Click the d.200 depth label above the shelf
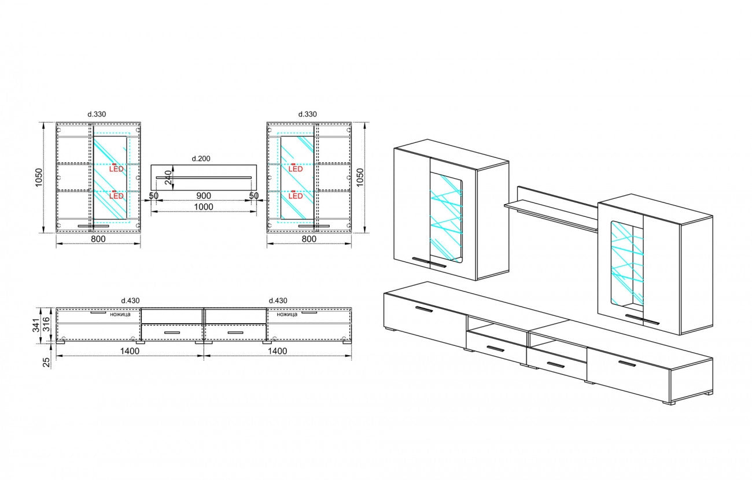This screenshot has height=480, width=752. (x=201, y=158)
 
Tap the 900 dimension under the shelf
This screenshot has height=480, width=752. (x=204, y=195)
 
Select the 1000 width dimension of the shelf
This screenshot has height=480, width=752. (x=204, y=207)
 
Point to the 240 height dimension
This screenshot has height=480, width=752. (x=168, y=177)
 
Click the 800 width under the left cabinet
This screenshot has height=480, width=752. (x=98, y=239)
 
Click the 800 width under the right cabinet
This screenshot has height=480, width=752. (x=309, y=239)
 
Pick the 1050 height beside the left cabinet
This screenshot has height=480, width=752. (x=39, y=178)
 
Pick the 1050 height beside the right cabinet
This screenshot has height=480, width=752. (x=360, y=178)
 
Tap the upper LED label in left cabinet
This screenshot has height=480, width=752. (x=116, y=168)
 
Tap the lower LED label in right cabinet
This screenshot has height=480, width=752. (x=296, y=195)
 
